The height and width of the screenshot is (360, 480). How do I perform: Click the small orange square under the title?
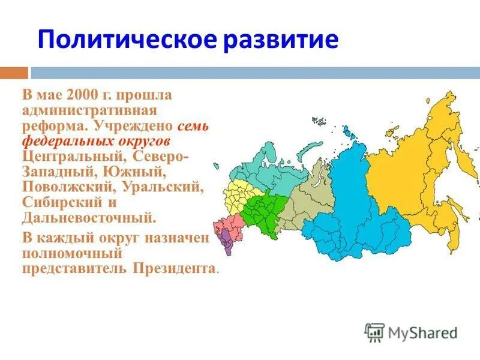13,73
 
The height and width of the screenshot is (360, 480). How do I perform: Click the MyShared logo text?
422,332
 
